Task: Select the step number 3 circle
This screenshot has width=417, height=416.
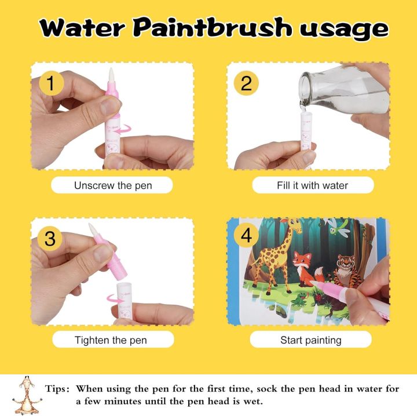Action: [50, 238]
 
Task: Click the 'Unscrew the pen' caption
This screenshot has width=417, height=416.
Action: [112, 185]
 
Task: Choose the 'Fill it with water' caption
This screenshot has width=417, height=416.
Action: [312, 185]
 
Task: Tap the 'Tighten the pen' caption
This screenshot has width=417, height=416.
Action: [112, 340]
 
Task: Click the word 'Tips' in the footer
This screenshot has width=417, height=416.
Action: [57, 389]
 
